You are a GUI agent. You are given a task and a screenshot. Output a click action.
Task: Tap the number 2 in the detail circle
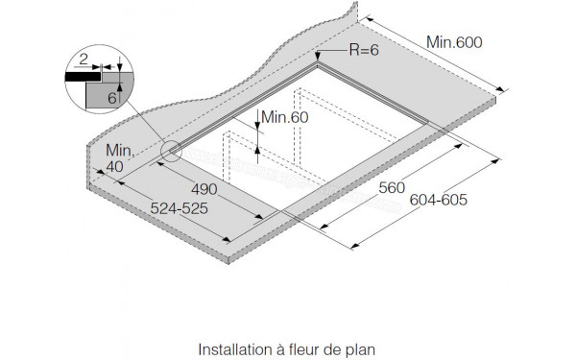tap(84, 59)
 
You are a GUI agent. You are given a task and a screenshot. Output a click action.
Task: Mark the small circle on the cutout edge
tap(170, 150)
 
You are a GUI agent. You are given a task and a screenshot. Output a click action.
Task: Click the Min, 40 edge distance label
tap(118, 157)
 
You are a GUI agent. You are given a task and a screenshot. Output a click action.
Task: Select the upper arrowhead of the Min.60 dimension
tap(259, 130)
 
